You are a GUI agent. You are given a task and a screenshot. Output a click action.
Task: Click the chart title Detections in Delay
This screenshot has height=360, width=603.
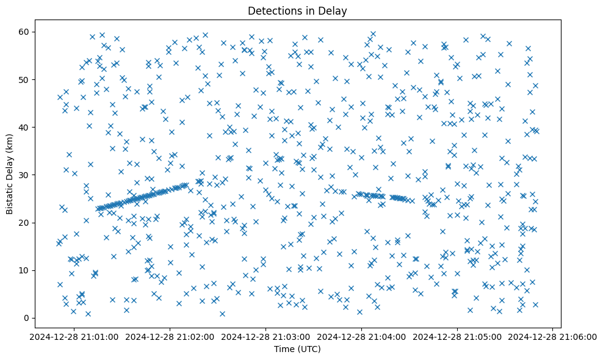click(x=297, y=10)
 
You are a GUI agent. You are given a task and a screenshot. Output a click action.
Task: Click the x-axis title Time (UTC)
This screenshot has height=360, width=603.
click(x=297, y=350)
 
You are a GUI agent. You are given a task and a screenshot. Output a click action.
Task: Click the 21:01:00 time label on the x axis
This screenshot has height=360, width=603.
click(x=74, y=337)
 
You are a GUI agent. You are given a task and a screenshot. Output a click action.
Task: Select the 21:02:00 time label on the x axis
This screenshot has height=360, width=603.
click(x=170, y=337)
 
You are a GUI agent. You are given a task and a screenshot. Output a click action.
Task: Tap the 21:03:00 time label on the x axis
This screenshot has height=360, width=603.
click(x=266, y=337)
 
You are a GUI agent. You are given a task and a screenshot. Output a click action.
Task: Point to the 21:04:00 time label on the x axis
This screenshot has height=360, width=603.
click(x=361, y=337)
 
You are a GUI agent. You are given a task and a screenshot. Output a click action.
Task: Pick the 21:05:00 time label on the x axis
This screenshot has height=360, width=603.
click(x=457, y=337)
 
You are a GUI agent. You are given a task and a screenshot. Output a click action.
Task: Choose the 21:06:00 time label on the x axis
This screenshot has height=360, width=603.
click(x=553, y=337)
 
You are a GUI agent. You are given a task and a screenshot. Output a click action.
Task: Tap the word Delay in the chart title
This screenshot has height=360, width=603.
click(x=334, y=10)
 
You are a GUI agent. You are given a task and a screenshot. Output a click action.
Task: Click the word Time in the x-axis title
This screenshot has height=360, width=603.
click(x=283, y=350)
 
